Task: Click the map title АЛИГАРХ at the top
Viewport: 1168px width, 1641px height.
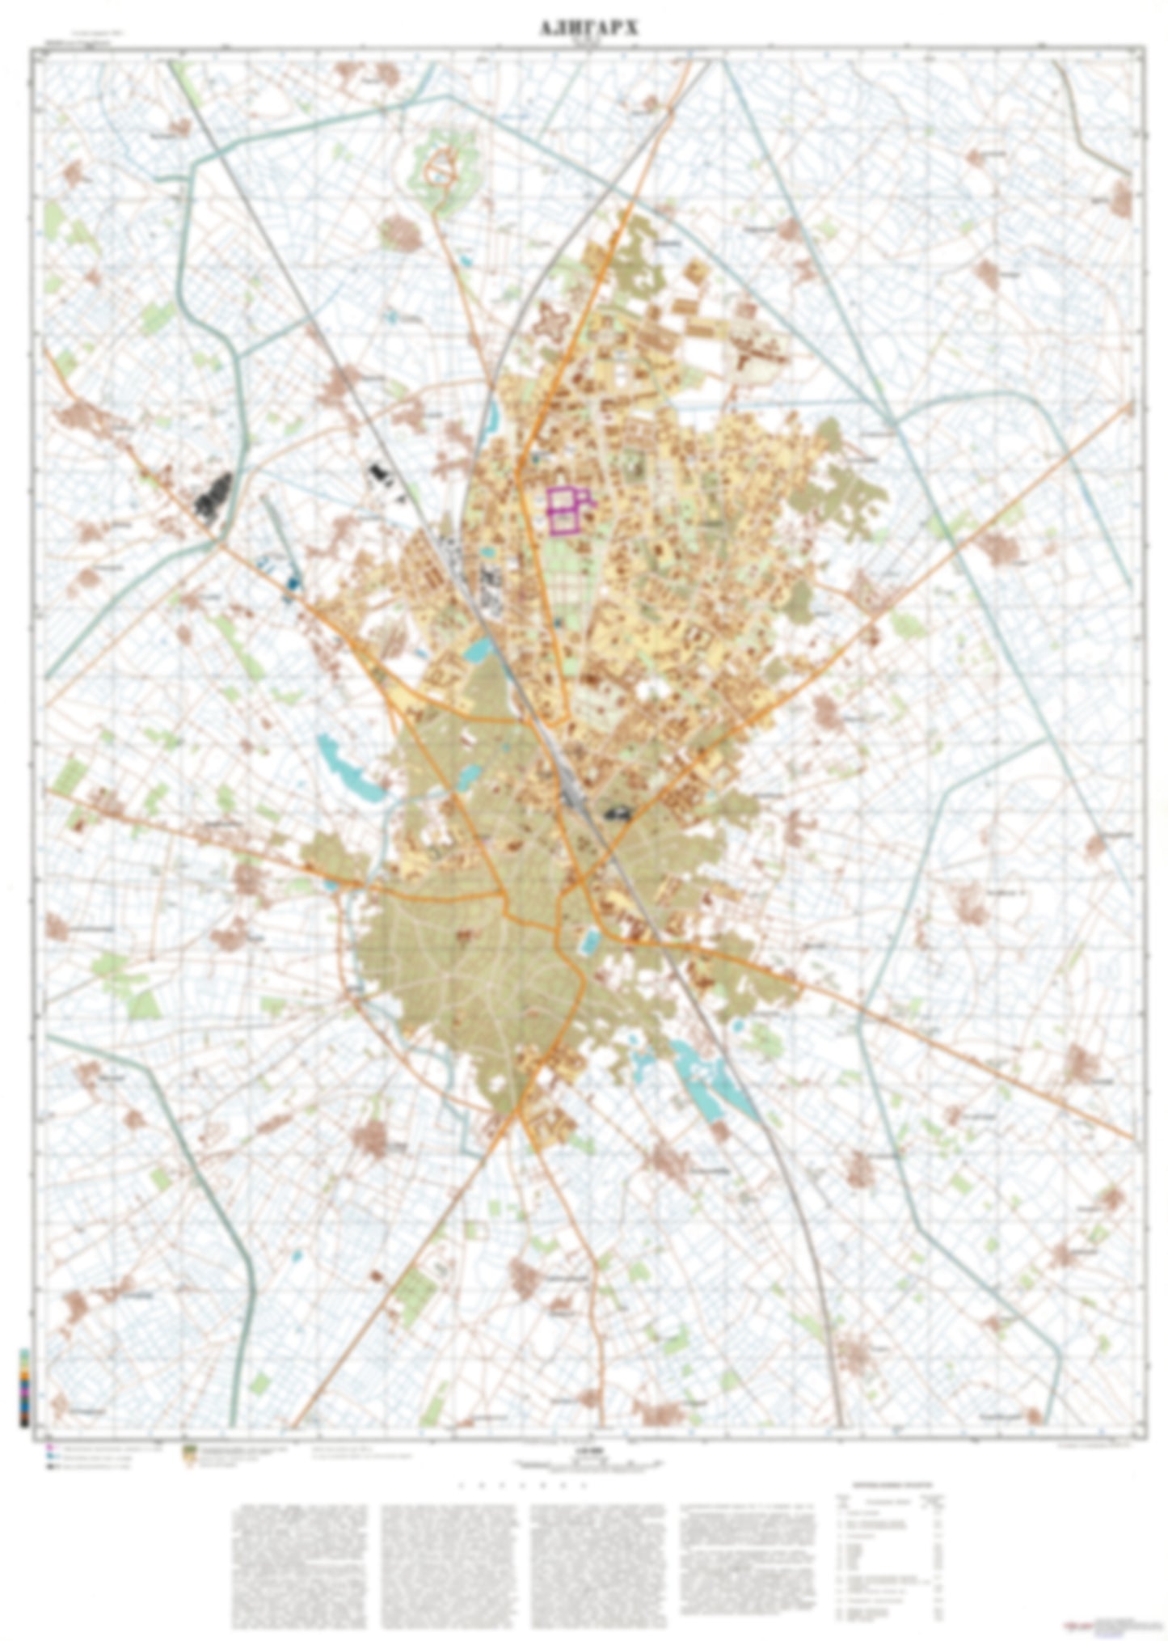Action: (x=588, y=29)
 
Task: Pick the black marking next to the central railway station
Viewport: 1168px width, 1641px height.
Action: (x=617, y=814)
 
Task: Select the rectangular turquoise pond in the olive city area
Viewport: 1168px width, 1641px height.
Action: (x=590, y=940)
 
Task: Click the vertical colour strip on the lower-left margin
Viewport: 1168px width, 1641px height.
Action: (x=25, y=1386)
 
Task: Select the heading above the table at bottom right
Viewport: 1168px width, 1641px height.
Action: (x=892, y=1485)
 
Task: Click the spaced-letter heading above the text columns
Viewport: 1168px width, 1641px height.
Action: (x=521, y=1486)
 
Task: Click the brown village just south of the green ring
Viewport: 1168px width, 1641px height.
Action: (x=402, y=233)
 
